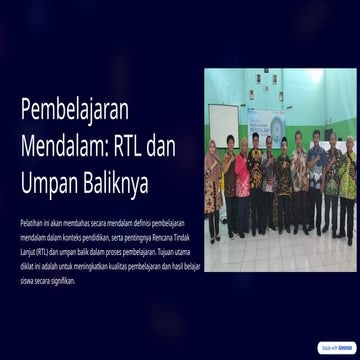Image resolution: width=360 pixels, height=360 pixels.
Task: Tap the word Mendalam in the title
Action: [60, 148]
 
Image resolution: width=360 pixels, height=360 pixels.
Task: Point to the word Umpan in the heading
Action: [50, 184]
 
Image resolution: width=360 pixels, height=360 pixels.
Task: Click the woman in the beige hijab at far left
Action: [213, 185]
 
